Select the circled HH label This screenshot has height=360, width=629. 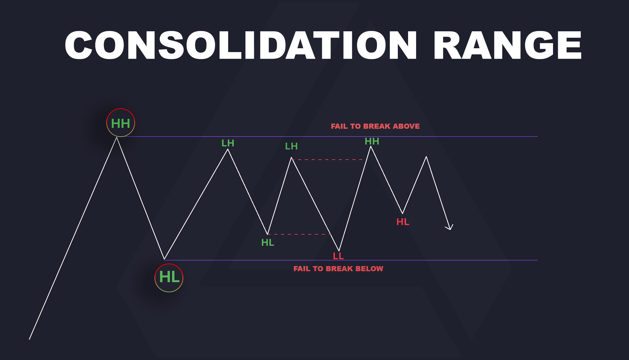click(x=121, y=123)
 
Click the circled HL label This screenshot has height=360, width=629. click(x=169, y=278)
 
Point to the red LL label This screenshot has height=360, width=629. click(x=338, y=256)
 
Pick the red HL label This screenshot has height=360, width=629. click(x=403, y=222)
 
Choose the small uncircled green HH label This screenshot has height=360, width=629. click(x=372, y=142)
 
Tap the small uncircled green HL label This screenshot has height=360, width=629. click(x=268, y=243)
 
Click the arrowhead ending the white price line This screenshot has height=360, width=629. click(x=450, y=228)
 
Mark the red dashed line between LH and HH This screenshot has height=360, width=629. click(x=327, y=159)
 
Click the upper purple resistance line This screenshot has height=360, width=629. click(x=447, y=136)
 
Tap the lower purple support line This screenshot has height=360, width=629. click(x=447, y=260)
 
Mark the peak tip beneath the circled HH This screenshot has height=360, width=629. click(x=117, y=138)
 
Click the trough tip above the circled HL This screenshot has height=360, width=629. click(x=164, y=259)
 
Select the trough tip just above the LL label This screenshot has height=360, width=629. click(x=339, y=250)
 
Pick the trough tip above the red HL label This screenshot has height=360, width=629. click(x=403, y=213)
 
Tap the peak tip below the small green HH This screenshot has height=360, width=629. click(x=371, y=147)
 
